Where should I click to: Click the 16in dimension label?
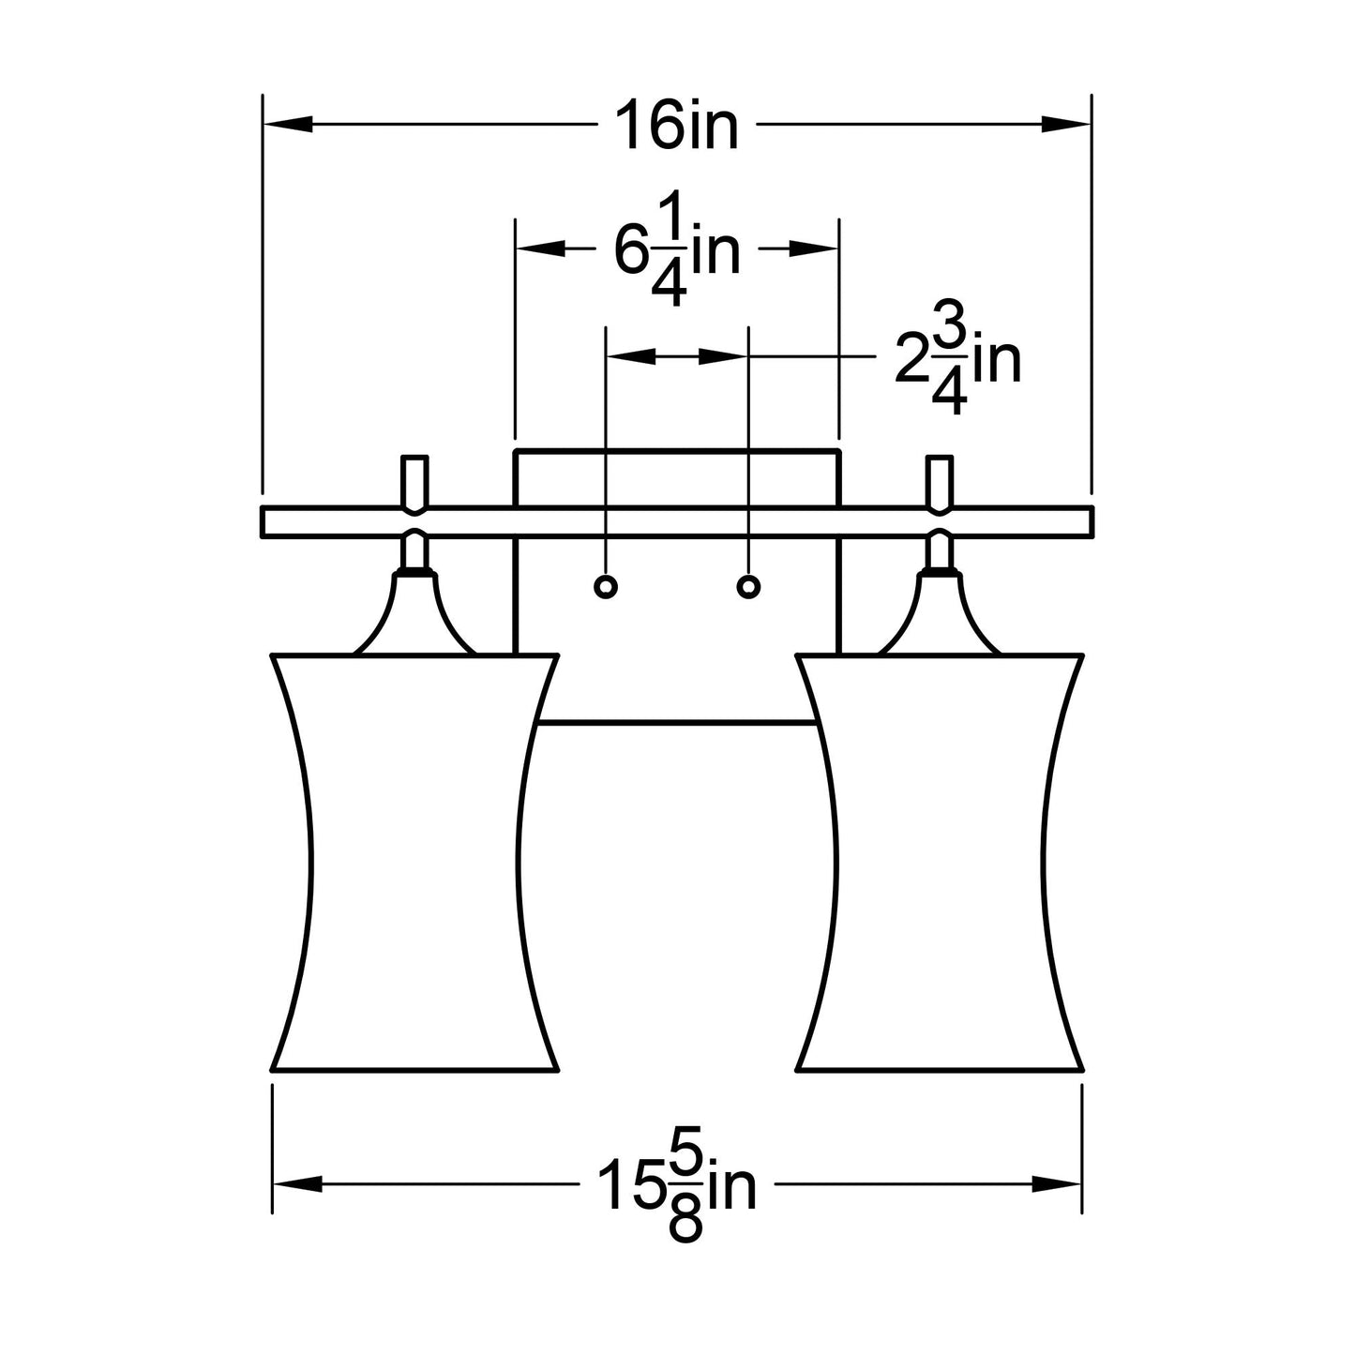[677, 125]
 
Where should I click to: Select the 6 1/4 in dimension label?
[677, 248]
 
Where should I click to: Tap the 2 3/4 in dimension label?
[957, 357]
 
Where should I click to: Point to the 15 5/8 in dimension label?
[677, 1184]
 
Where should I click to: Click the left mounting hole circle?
[606, 586]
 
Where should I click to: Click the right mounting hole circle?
[748, 586]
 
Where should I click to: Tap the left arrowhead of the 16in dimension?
[287, 125]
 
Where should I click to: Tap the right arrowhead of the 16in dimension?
[1066, 125]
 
